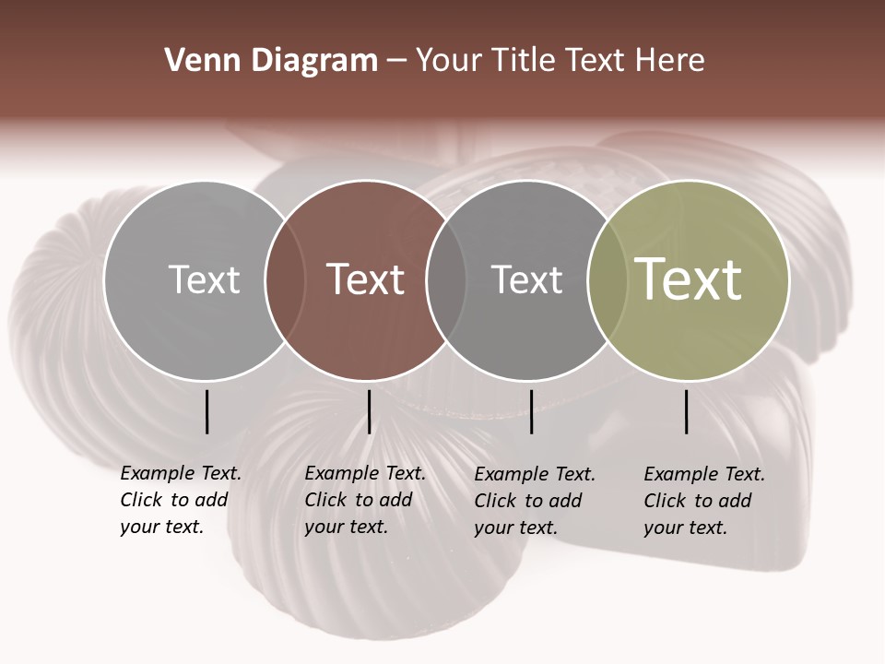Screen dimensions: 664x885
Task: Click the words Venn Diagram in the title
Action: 271,61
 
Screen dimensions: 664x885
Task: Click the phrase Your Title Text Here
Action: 560,61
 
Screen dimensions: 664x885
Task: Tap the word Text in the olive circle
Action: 688,279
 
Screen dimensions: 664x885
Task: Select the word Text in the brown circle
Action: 366,279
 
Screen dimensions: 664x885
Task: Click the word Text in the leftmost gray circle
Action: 204,279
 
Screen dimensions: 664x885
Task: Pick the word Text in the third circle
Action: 526,279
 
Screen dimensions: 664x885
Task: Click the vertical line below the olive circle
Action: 687,411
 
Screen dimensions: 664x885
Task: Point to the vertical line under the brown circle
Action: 369,411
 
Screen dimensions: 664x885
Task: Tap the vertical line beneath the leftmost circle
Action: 206,411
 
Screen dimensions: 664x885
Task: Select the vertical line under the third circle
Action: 531,411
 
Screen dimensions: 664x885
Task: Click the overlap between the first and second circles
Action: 285,280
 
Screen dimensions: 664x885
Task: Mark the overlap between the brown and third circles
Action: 446,280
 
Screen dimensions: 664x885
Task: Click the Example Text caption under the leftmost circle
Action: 181,500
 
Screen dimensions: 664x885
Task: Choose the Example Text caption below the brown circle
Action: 365,500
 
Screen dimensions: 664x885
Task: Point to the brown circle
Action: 366,341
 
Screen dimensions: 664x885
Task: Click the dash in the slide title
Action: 396,61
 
